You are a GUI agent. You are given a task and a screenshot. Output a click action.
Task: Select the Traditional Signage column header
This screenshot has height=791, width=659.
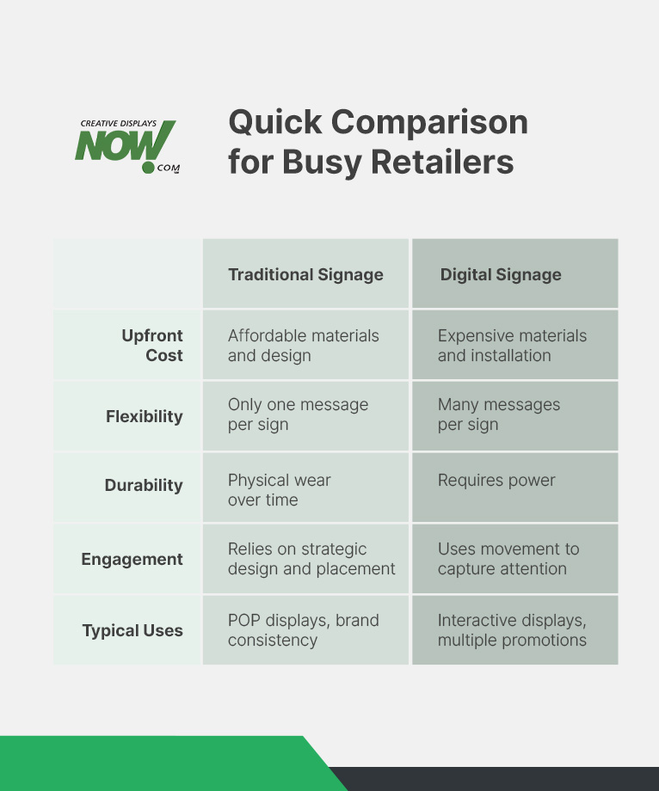click(305, 275)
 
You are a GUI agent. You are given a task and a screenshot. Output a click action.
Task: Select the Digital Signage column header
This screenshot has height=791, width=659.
click(501, 275)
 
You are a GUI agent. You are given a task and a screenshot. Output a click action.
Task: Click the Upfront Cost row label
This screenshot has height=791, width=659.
click(152, 346)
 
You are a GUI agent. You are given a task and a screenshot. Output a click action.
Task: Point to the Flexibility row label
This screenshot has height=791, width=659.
click(145, 416)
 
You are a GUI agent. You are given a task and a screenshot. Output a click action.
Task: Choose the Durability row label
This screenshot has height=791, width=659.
click(144, 486)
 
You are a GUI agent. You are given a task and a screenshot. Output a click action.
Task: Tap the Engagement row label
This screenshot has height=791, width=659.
click(132, 559)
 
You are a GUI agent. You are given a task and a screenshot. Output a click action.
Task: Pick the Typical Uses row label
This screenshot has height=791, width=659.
click(132, 630)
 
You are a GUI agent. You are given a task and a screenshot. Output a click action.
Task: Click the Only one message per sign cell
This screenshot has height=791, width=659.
click(298, 414)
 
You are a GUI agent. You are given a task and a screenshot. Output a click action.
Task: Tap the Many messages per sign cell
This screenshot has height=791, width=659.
click(499, 414)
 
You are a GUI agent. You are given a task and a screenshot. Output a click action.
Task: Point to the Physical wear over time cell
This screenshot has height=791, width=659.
click(279, 490)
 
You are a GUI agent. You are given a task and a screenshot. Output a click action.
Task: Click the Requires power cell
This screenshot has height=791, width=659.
click(496, 481)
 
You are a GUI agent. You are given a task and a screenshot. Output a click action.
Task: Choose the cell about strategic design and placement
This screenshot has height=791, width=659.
click(311, 559)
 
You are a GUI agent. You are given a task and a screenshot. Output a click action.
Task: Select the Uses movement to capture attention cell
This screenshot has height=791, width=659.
click(508, 559)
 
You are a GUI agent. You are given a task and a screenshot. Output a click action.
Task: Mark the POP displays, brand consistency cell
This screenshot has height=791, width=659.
click(303, 630)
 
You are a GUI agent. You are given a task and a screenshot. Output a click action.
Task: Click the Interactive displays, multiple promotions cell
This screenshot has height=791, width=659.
click(512, 630)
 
